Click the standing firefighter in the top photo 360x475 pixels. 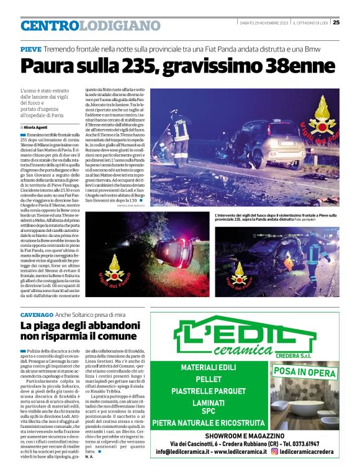tap(181, 130)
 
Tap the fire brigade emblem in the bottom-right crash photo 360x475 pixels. tap(240, 273)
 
